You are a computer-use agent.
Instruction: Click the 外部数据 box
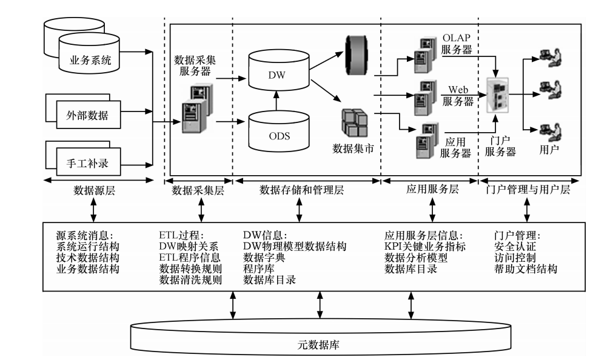[x=84, y=115]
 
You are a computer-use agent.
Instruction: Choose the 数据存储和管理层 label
[x=301, y=190]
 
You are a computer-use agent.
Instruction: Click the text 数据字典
[x=263, y=258]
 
